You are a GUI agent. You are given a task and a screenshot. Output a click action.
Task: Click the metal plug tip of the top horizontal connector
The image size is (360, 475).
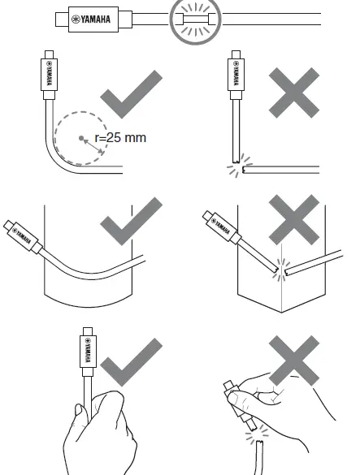(54, 17)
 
